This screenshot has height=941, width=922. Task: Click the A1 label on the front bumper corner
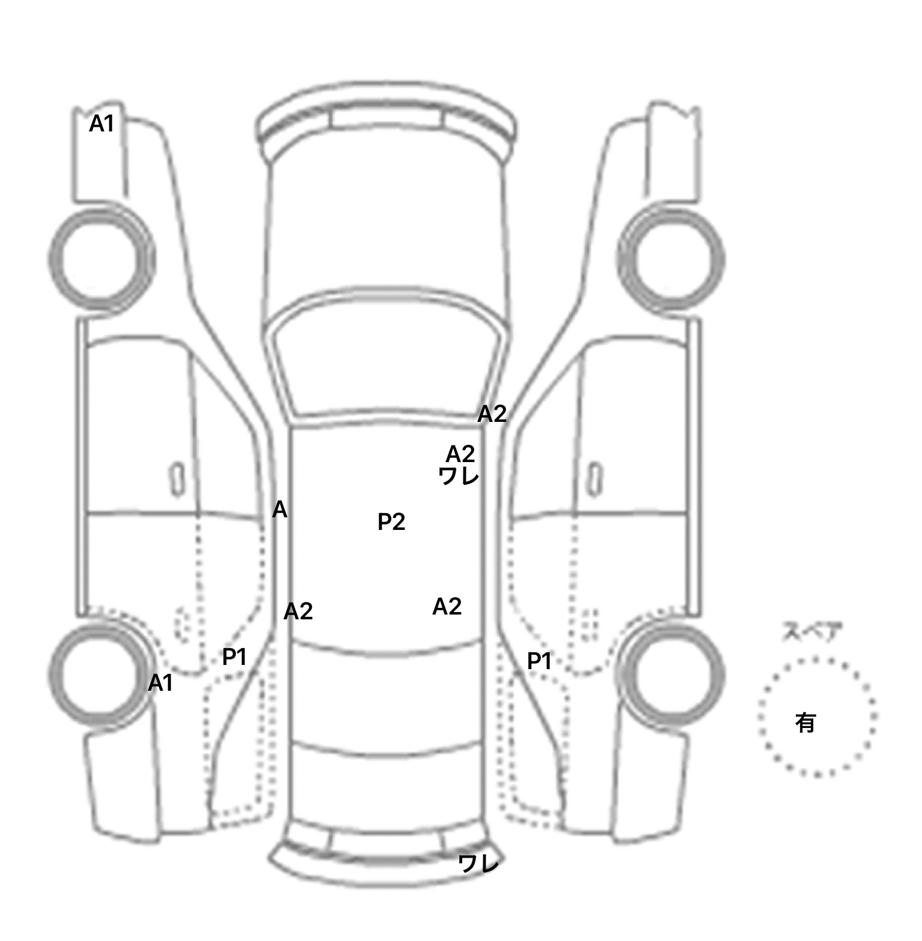[101, 124]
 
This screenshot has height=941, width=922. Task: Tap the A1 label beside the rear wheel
[160, 682]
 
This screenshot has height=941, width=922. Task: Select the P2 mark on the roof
[391, 522]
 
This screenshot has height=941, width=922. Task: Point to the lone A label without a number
[280, 510]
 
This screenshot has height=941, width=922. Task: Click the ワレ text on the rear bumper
[478, 864]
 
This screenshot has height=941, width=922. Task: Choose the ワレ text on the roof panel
[459, 476]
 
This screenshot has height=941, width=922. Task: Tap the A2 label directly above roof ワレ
[460, 454]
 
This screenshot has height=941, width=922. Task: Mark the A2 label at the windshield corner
[492, 413]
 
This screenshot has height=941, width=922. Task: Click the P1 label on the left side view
[235, 657]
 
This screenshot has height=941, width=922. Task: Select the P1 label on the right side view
[539, 661]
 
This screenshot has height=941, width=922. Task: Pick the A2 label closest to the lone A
[298, 612]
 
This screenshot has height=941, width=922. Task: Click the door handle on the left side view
[176, 479]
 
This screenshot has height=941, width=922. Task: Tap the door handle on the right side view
[595, 479]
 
